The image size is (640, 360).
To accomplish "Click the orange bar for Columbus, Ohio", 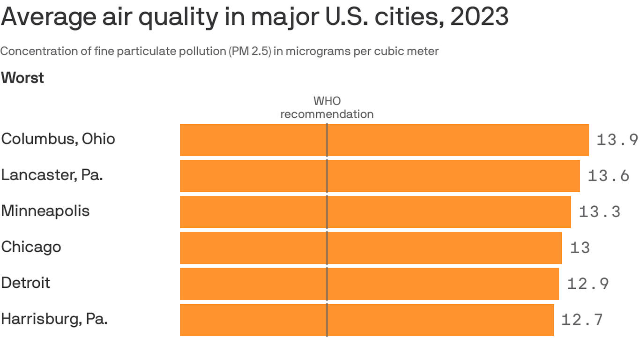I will pos(384,140).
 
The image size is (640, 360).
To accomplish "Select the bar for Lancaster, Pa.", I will pos(380,176).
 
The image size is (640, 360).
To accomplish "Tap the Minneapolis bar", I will pos(375,212).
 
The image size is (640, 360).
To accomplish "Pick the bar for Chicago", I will pos(371,248).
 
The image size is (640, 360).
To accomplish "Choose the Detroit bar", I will pos(369,284).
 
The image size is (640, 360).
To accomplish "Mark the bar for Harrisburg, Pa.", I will pos(367,320).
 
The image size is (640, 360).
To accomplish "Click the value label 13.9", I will pos(617,140).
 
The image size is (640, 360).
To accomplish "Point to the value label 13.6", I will pos(608,176).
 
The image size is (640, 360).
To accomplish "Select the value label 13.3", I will pos(599,212).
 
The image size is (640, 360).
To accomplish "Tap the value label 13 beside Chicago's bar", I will pos(580,248).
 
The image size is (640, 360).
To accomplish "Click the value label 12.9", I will pos(588,284).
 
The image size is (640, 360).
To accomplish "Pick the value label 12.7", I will pos(582,320).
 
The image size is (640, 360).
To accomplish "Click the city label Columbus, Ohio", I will pos(58,139).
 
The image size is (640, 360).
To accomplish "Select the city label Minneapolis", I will pos(45,211).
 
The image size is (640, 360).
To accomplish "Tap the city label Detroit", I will pos(25,283).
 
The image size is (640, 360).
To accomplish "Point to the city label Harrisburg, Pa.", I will pos(54,319).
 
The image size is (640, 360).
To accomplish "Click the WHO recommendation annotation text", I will pos(327,108).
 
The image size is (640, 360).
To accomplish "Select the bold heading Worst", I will pos(22,78).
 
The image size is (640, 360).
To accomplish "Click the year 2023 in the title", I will pos(479,17).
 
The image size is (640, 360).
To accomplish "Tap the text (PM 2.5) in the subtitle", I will pos(250,51).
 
